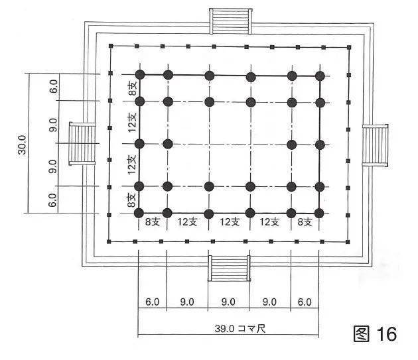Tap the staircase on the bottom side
click(x=229, y=268)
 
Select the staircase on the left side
click(x=82, y=143)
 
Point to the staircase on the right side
click(x=376, y=145)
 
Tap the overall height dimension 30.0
click(x=23, y=143)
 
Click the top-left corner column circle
click(x=139, y=74)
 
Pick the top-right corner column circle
click(x=320, y=75)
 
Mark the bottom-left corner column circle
click(x=139, y=213)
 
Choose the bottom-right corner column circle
click(x=320, y=213)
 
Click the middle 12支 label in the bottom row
click(x=229, y=223)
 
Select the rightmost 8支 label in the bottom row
click(x=305, y=223)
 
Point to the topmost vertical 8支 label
click(x=132, y=88)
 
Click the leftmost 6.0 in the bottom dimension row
click(x=152, y=302)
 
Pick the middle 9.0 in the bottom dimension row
click(x=229, y=302)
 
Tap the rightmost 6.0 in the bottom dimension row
click(x=305, y=302)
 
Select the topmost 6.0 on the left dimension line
click(x=53, y=87)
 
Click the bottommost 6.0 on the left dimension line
click(x=53, y=198)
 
